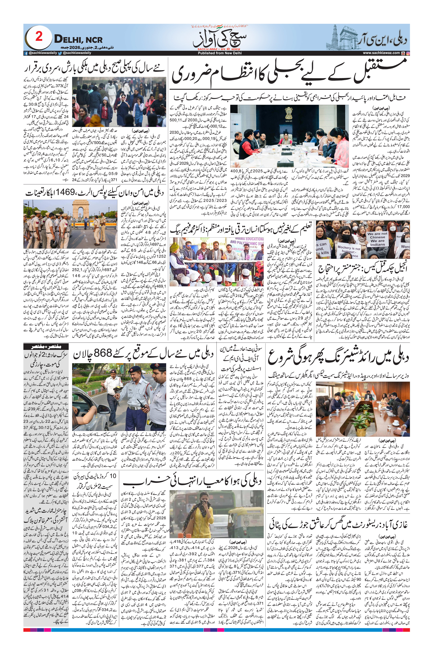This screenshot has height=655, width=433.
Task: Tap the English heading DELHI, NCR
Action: pos(78,39)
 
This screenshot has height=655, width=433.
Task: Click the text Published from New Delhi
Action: pos(216,53)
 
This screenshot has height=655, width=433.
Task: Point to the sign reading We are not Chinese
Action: pos(377,239)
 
